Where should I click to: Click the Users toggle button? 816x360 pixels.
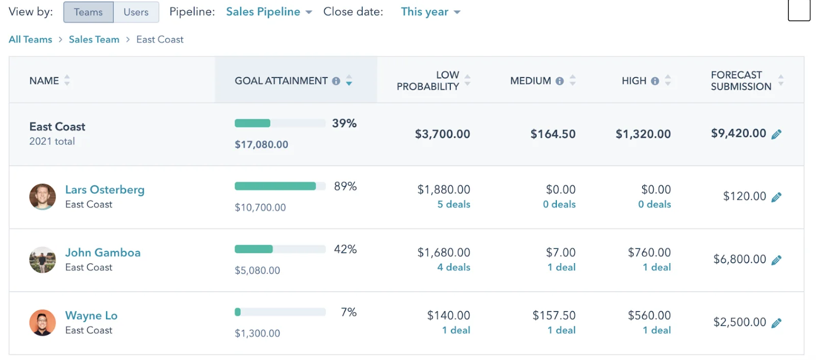pos(136,12)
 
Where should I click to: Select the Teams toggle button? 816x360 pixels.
pos(88,12)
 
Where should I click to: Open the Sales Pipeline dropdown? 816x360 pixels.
pos(269,12)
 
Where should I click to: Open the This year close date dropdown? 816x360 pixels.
pos(430,12)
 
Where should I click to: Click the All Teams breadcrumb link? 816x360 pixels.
pos(31,39)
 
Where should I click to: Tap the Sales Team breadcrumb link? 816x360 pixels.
pos(94,39)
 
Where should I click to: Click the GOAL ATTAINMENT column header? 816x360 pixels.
pos(281,81)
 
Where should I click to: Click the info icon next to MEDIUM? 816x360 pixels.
pos(559,81)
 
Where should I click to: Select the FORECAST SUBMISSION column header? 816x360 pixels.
pos(741,81)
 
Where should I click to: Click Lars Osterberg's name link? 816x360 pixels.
pos(105,190)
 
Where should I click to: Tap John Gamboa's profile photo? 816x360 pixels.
pos(42,260)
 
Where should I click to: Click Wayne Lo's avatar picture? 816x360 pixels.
pos(42,323)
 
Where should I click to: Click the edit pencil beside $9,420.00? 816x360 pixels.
pos(776,134)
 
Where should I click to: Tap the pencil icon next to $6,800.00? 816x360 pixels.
pos(776,260)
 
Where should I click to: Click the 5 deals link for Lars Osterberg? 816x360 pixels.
pos(453,204)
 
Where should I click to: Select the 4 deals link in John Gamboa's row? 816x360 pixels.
pos(453,267)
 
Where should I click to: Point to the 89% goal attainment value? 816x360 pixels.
pos(345,187)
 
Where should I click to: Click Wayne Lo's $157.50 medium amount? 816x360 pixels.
pos(554,316)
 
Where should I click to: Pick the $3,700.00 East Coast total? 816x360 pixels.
pos(442,134)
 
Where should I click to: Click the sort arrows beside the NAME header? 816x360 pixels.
pos(67,81)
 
